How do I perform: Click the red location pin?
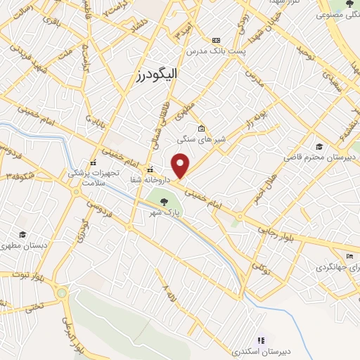(x=181, y=165)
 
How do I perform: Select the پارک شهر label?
(x=164, y=212)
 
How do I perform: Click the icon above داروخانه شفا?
(x=150, y=169)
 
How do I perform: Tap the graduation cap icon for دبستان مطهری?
(x=22, y=235)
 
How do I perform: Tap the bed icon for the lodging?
(x=349, y=256)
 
